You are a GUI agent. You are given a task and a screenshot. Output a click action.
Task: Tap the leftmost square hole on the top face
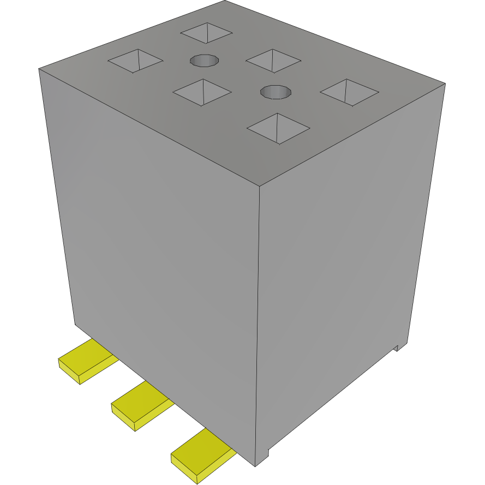[x=136, y=61]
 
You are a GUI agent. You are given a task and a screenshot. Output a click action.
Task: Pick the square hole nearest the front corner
[x=278, y=129]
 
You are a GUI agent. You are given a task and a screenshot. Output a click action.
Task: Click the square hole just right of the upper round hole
[x=273, y=60]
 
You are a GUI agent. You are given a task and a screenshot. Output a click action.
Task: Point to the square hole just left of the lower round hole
[x=202, y=92]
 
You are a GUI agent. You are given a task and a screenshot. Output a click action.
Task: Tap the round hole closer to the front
[x=276, y=92]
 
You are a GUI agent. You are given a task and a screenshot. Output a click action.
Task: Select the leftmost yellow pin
[x=86, y=361]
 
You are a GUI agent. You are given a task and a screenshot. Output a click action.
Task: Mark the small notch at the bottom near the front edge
[x=268, y=453]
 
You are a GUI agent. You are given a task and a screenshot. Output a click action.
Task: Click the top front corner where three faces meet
[x=259, y=186]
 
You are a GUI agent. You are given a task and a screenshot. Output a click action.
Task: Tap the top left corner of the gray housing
[x=39, y=69]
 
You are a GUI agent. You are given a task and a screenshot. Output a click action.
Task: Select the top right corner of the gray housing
[x=445, y=83]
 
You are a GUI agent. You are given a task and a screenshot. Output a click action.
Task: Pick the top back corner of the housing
[x=225, y=1]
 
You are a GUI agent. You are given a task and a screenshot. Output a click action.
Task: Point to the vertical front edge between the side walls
[x=258, y=327]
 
